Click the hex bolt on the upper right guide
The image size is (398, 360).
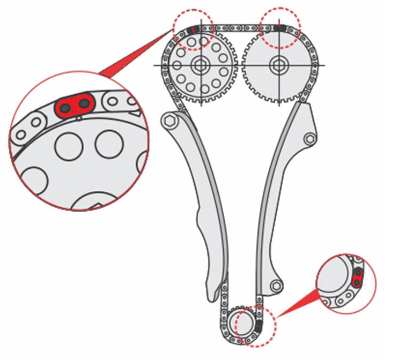(309, 139)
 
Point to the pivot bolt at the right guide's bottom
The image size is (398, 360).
(276, 286)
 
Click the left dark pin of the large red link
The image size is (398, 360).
(65, 108)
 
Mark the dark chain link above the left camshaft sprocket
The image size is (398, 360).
(196, 28)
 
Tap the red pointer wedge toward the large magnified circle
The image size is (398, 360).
(134, 59)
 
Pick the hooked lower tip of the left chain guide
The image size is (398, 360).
(210, 298)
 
